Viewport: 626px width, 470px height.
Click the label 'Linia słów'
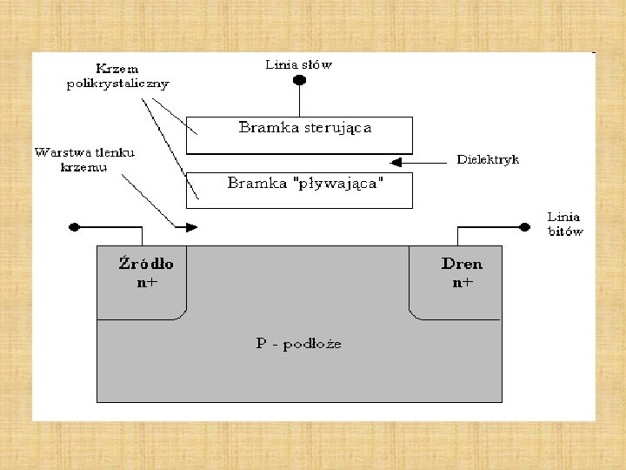coord(298,64)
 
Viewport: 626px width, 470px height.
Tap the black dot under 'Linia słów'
coord(299,81)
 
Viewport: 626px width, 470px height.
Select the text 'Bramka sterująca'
coord(305,129)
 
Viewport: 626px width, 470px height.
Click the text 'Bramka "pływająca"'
coord(305,184)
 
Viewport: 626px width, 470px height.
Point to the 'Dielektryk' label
coord(488,160)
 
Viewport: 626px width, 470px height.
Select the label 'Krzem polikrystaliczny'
coord(117,76)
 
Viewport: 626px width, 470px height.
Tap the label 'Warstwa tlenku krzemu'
coord(84,159)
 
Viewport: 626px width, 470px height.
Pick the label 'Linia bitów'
coord(564,224)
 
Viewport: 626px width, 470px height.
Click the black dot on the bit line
coord(524,226)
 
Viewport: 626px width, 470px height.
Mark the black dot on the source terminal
coord(75,226)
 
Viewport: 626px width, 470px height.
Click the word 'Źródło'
coord(145,264)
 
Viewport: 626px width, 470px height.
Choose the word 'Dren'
coord(461,264)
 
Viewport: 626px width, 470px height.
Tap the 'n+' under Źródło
coord(147,282)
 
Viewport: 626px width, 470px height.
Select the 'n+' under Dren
coord(462,282)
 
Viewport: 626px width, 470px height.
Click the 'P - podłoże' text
coord(298,343)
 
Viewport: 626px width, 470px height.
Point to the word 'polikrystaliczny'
coord(117,84)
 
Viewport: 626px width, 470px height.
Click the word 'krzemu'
coord(84,167)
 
